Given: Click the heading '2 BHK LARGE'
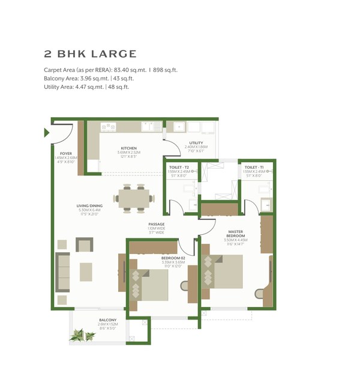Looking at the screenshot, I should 90,54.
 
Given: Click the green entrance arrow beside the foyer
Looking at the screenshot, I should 47,133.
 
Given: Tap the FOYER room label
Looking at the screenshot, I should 65,154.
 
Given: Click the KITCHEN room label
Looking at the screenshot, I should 128,148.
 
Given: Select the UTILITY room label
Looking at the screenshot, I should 196,143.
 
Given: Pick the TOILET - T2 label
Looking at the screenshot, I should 179,167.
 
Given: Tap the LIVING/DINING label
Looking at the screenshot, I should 89,206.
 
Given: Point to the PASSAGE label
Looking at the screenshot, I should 157,225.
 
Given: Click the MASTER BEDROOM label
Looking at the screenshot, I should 235,233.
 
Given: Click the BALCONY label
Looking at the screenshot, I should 108,320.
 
